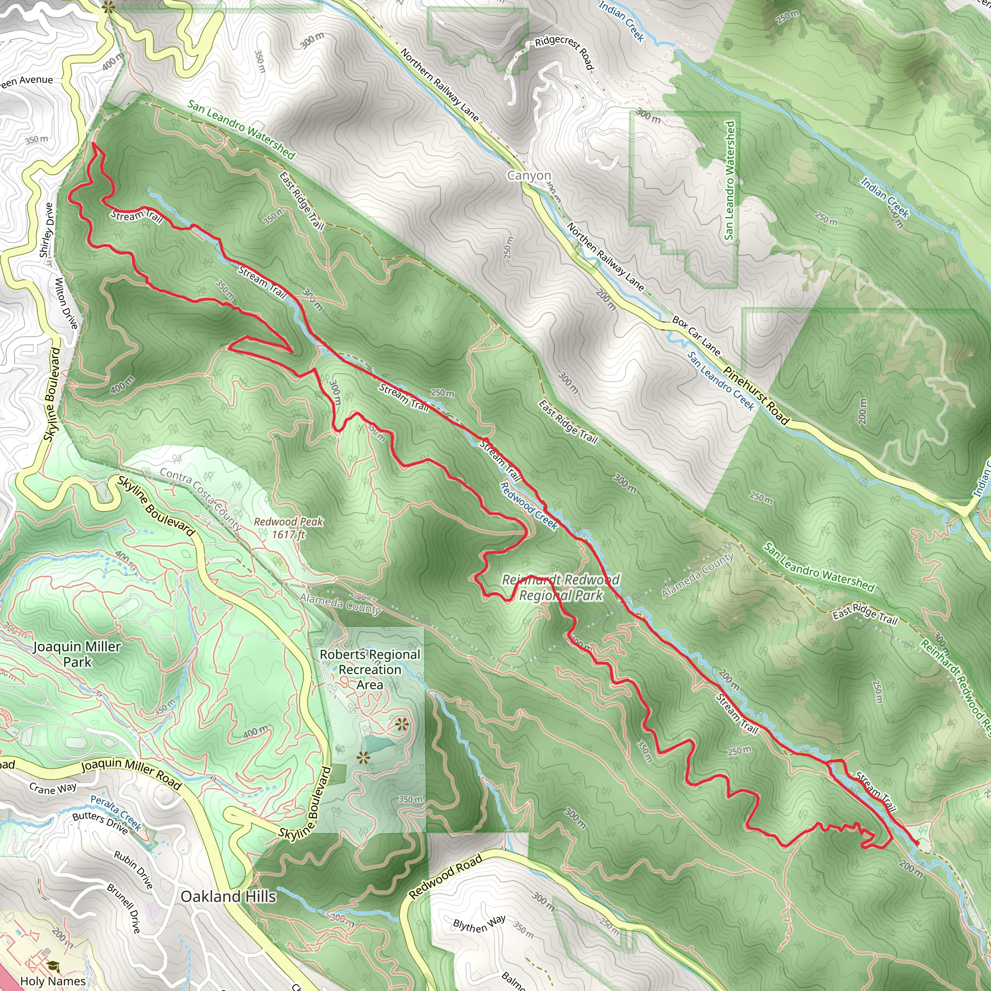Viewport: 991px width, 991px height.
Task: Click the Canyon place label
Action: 529,176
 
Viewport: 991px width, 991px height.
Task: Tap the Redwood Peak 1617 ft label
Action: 289,528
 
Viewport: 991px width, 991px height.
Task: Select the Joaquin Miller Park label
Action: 77,654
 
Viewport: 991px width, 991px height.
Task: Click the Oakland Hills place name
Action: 228,896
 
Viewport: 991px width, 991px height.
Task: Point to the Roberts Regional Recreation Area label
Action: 370,669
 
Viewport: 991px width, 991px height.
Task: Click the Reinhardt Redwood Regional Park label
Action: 561,587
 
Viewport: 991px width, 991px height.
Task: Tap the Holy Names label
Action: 53,981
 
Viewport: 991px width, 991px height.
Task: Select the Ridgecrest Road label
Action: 564,53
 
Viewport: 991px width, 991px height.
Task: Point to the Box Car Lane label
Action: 696,336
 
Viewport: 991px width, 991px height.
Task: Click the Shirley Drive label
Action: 46,231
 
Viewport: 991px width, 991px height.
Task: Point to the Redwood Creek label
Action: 529,505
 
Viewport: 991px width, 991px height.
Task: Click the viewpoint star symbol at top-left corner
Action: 108,7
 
